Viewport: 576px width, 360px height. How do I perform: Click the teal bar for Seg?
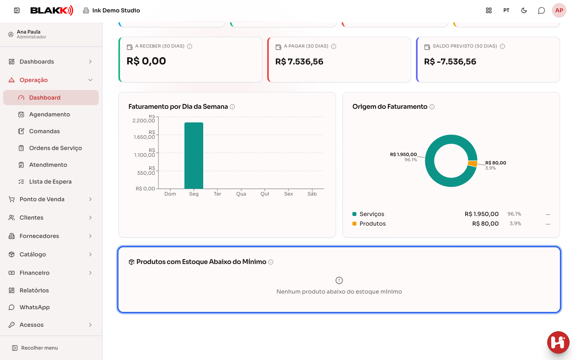pos(194,156)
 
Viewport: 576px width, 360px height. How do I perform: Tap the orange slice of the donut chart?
pos(473,164)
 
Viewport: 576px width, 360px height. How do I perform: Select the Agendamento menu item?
pos(49,114)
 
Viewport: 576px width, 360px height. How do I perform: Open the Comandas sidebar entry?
pos(44,131)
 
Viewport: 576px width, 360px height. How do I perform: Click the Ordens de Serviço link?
pos(55,148)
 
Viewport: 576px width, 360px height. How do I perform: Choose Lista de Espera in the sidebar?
pos(50,182)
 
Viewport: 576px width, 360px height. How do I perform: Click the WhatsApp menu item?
pos(34,307)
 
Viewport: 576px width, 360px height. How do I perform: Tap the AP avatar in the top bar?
pos(559,10)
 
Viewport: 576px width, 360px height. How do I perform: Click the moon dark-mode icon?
pos(524,10)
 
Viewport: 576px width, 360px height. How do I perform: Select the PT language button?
pos(506,10)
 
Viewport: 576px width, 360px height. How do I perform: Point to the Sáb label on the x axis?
pos(312,194)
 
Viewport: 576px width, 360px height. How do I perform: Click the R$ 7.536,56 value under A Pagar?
pos(299,62)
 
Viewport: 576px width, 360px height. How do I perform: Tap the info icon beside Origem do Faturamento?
pos(432,107)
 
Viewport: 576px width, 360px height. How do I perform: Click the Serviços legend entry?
pos(368,214)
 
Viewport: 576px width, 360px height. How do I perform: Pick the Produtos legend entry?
pos(369,224)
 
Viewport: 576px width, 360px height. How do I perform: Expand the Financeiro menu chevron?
pos(90,273)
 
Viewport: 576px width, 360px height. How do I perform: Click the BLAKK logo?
pos(52,10)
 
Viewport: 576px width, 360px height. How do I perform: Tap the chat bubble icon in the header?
pos(541,10)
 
